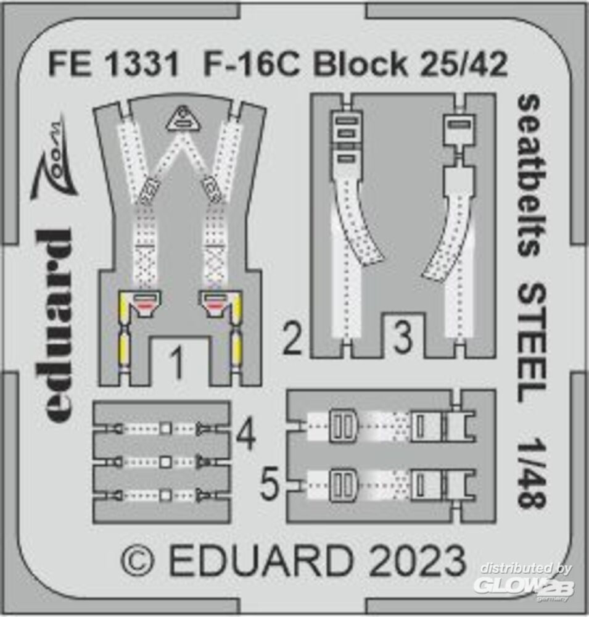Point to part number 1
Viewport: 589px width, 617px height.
click(x=177, y=364)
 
